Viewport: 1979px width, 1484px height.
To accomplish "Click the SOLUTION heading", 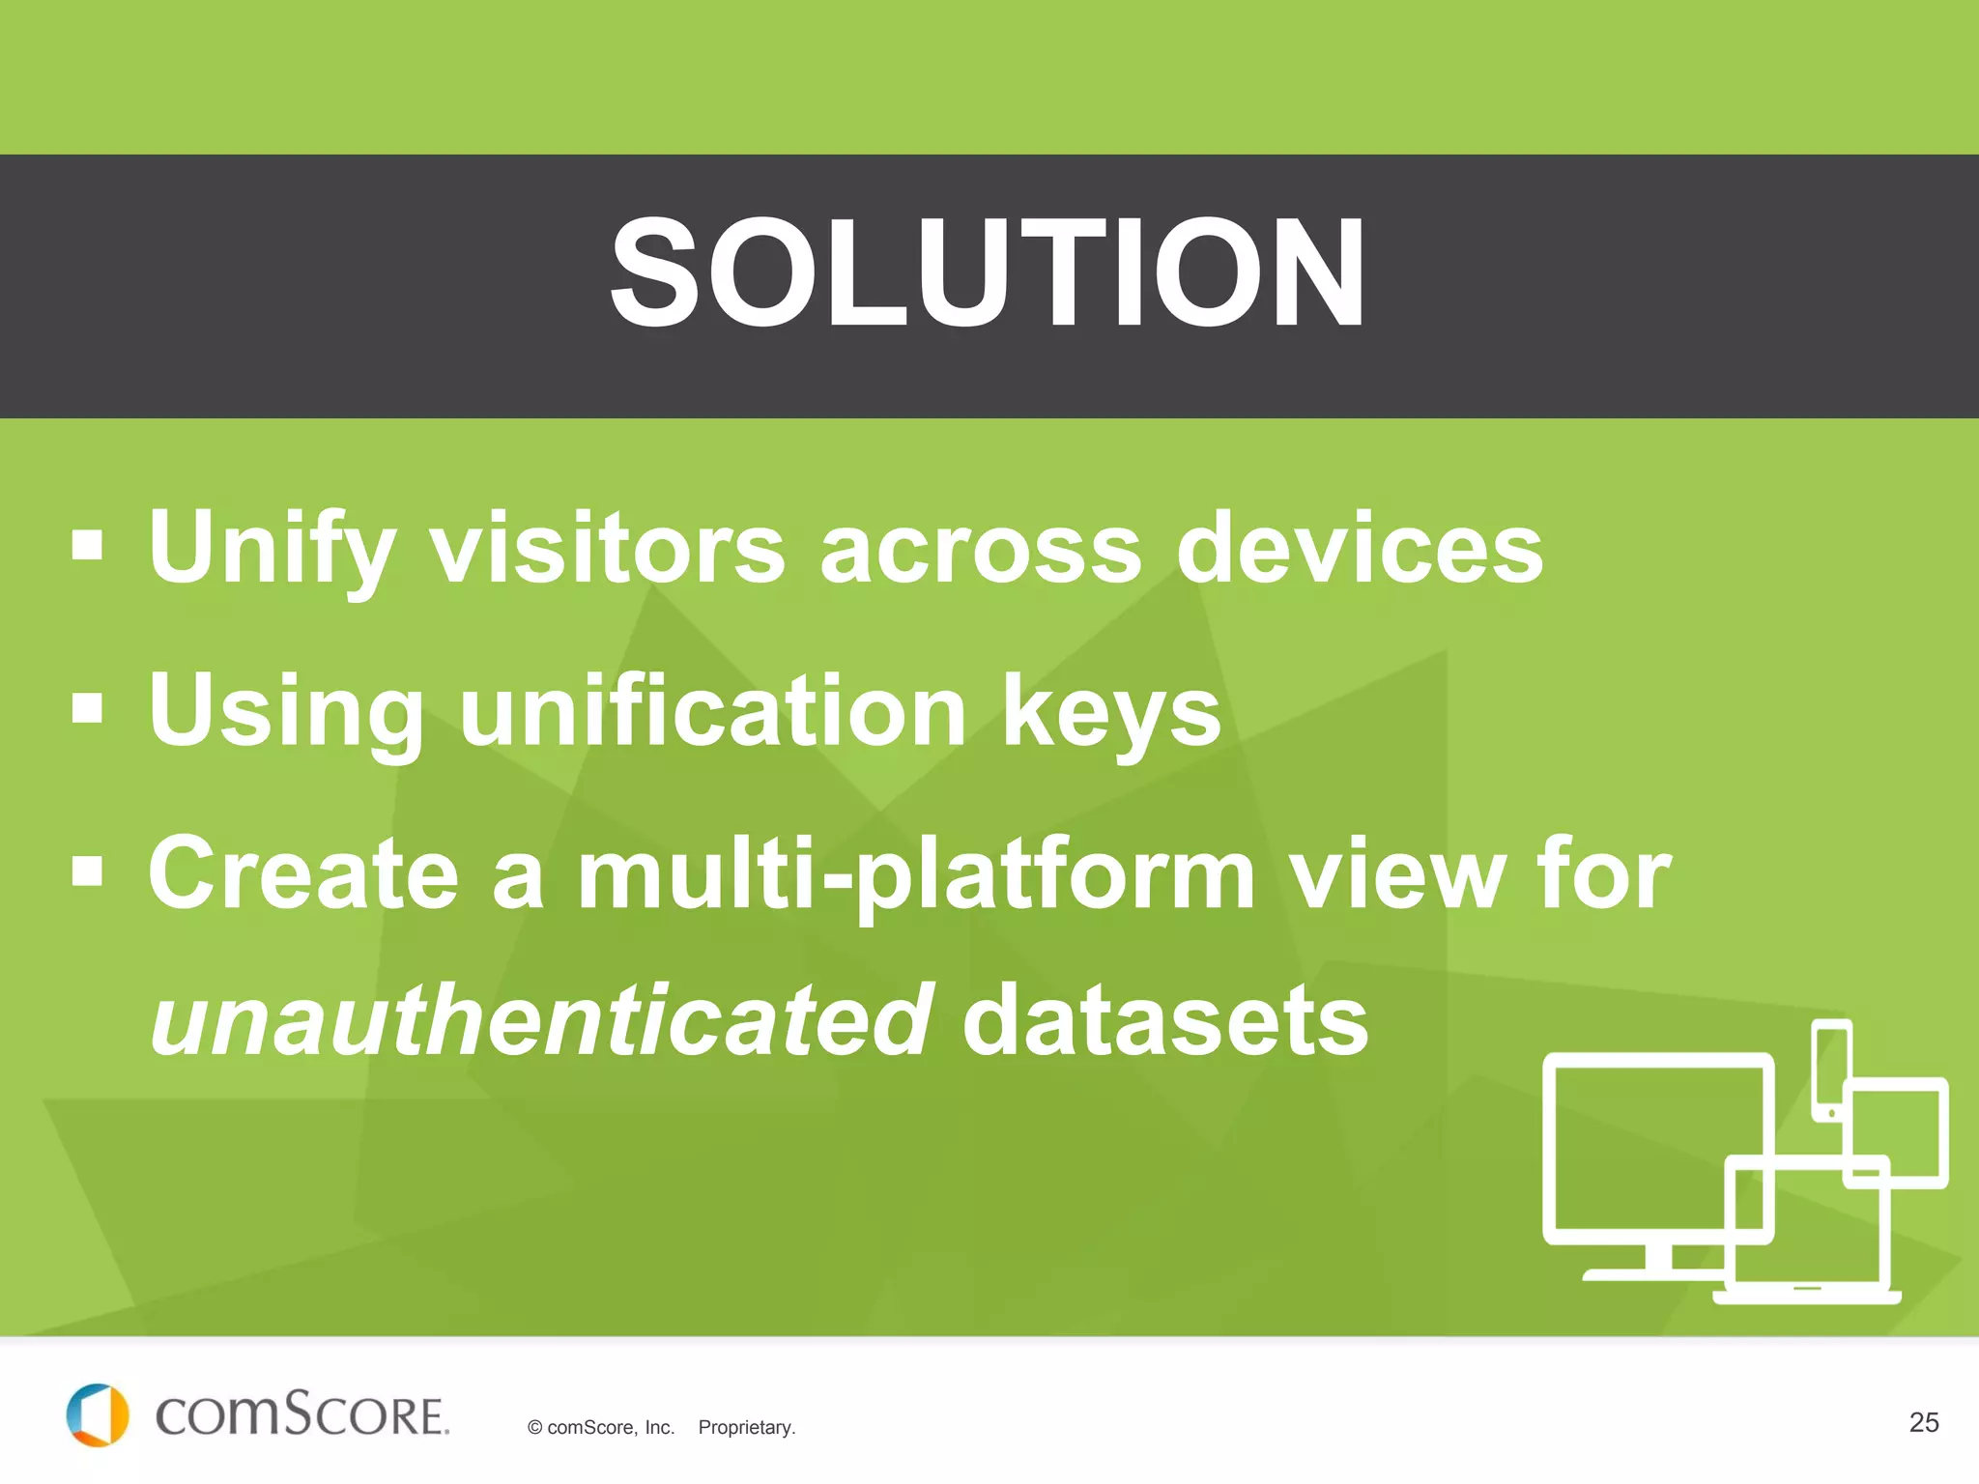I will (x=988, y=273).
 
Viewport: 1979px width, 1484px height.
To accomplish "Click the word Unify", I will (x=272, y=549).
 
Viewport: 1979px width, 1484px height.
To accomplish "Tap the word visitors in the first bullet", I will (x=606, y=549).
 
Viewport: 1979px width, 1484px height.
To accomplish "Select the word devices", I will (x=1359, y=549).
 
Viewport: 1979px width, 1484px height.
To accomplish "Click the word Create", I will (x=302, y=873).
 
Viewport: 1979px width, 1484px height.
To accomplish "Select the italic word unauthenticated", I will (x=541, y=1020).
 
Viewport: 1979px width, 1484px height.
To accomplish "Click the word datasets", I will (x=1164, y=1020).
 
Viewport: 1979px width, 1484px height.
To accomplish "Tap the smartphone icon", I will (x=1830, y=1068).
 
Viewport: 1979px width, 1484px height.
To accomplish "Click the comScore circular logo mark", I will (x=97, y=1415).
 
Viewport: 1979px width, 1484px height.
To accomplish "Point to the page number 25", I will (x=1923, y=1422).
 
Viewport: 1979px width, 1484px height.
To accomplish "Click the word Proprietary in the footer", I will (x=746, y=1428).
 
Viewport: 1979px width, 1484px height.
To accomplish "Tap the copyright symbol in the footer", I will (x=534, y=1428).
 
